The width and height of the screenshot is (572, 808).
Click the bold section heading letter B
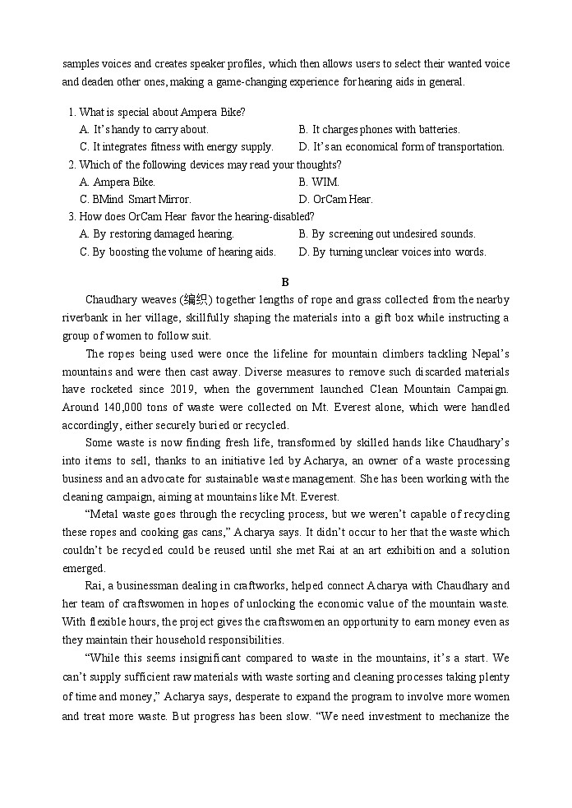point(285,281)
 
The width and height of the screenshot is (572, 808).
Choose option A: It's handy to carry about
point(144,129)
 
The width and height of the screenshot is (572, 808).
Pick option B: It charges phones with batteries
point(379,129)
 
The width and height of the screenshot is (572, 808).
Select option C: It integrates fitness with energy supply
point(176,146)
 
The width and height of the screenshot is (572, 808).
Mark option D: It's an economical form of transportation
point(401,146)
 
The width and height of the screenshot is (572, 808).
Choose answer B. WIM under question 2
point(319,182)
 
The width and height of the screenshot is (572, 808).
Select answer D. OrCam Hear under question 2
point(335,199)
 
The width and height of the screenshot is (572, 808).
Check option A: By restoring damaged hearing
point(156,233)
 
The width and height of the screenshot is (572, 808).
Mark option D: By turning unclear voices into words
point(392,252)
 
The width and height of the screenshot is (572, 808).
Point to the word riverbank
point(89,317)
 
